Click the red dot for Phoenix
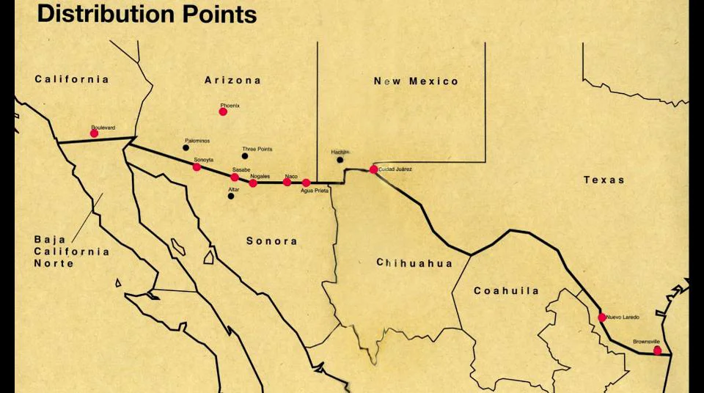click(x=223, y=111)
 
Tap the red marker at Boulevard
click(x=94, y=133)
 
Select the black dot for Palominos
click(x=186, y=147)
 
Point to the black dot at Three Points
click(x=245, y=156)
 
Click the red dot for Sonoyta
click(x=197, y=167)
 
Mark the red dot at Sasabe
click(x=235, y=177)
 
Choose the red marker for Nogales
click(x=253, y=183)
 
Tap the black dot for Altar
click(x=231, y=196)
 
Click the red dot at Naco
click(x=287, y=183)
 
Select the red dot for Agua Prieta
click(x=306, y=183)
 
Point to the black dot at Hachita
click(x=340, y=160)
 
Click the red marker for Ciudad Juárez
click(x=373, y=169)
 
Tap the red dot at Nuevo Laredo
click(x=602, y=317)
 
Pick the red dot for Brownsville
click(x=657, y=350)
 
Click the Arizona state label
click(x=232, y=80)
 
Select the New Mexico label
click(x=416, y=81)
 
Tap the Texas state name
click(x=604, y=180)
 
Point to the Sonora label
click(x=271, y=240)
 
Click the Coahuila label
click(x=506, y=291)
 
